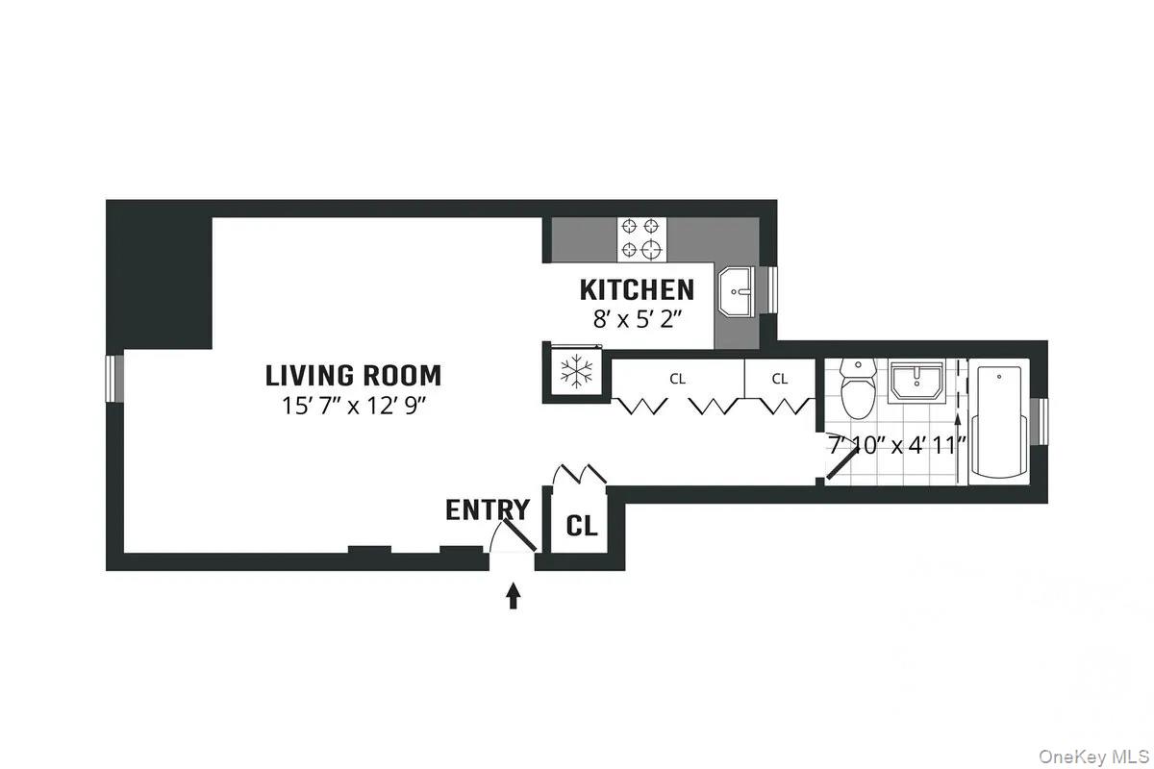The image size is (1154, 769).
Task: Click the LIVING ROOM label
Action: click(x=353, y=375)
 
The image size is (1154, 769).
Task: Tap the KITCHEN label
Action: click(x=637, y=289)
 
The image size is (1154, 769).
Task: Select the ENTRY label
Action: click(x=487, y=510)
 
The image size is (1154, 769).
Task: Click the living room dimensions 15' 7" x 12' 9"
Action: click(x=353, y=406)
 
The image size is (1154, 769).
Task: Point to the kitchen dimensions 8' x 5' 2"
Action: click(x=637, y=319)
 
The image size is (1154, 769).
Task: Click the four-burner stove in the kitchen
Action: click(x=641, y=238)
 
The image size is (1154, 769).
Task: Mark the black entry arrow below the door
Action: click(x=514, y=596)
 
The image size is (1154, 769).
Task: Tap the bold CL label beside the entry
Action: click(x=581, y=526)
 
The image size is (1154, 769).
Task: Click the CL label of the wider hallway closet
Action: click(x=678, y=379)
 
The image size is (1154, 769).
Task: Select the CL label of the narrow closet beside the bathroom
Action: click(x=780, y=379)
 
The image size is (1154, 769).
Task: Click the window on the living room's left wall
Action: click(x=115, y=377)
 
